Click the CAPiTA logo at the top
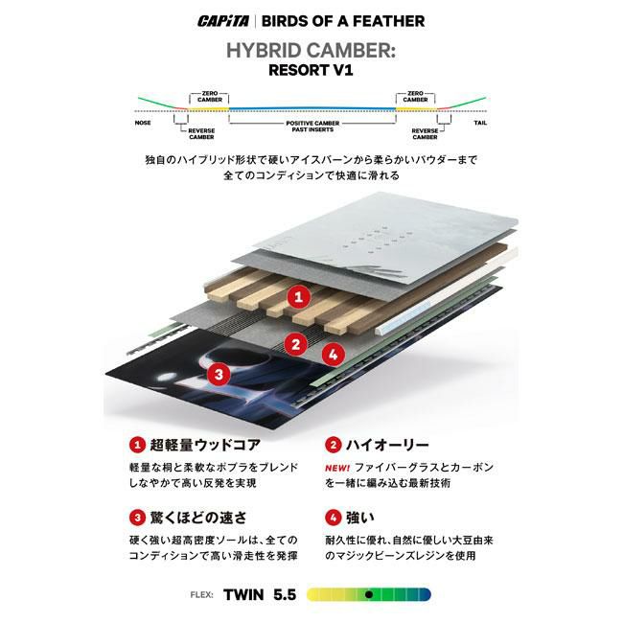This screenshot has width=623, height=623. click(x=223, y=21)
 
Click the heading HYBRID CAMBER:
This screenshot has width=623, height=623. click(x=311, y=51)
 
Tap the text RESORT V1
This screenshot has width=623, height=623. click(x=311, y=70)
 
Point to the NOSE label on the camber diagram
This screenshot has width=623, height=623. click(x=143, y=123)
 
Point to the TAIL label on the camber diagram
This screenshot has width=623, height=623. click(x=480, y=123)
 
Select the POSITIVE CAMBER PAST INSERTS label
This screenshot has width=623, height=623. click(x=312, y=127)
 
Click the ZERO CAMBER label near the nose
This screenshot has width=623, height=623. click(x=209, y=97)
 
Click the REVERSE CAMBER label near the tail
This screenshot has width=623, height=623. click(x=425, y=134)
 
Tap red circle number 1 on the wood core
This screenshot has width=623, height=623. click(x=299, y=296)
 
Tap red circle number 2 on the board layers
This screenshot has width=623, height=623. click(x=295, y=344)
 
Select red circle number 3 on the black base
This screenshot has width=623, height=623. click(x=219, y=374)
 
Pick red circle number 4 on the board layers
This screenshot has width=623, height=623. click(x=333, y=354)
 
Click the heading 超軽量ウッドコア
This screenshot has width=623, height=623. click(x=205, y=445)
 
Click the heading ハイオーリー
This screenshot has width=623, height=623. click(x=387, y=445)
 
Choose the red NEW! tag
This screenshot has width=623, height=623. click(x=337, y=468)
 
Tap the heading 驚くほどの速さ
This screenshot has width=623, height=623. click(x=198, y=518)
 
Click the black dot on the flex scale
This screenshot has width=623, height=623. click(x=369, y=595)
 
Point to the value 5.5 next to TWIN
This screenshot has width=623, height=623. click(x=285, y=595)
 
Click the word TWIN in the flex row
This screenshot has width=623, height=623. click(x=243, y=595)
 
